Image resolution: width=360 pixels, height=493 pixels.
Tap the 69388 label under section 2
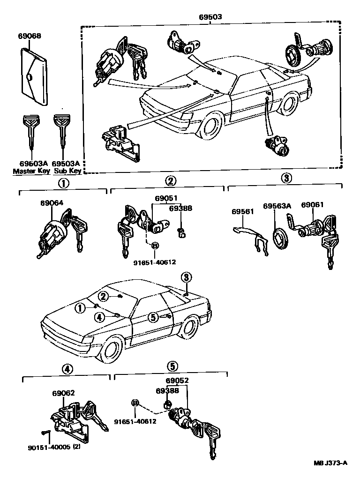click(180, 208)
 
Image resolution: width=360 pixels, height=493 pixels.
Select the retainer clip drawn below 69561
click(251, 237)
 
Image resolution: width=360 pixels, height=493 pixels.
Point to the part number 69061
click(312, 205)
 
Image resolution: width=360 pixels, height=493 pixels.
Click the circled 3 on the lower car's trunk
click(186, 277)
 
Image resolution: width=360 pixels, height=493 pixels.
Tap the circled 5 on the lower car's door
click(153, 317)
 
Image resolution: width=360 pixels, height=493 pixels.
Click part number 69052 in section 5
click(177, 381)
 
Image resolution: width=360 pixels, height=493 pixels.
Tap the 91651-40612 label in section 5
click(135, 421)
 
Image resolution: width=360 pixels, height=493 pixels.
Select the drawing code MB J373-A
click(330, 463)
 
